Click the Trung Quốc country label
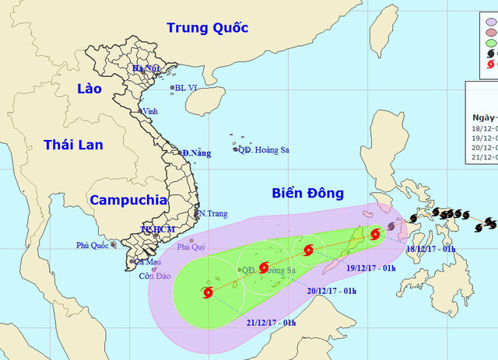coord(207,28)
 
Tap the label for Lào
coord(89,89)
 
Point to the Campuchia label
coord(128,200)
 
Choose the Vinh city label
coord(150,111)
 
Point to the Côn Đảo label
coord(154,276)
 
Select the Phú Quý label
coord(191,246)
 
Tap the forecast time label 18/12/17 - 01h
coord(431,249)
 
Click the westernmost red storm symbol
coord(208,293)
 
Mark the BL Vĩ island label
coord(187,88)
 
